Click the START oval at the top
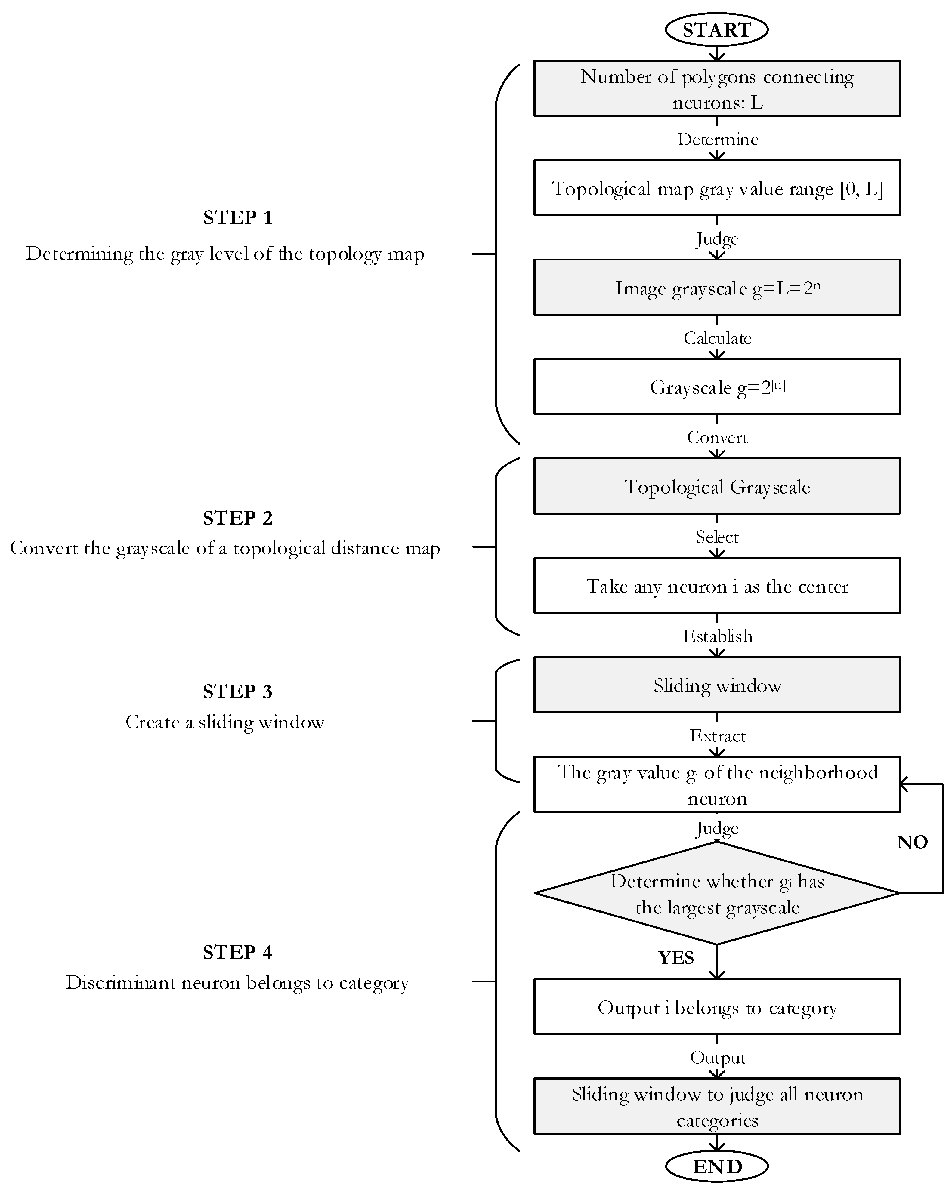coord(716,30)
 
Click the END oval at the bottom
coord(716,1166)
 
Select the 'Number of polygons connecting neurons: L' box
coord(716,88)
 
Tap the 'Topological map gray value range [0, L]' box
coord(716,188)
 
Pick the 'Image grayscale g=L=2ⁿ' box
coord(716,288)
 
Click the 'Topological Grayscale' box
coord(716,487)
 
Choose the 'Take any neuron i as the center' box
coord(716,586)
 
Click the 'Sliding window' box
coord(716,685)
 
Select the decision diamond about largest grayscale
coord(716,893)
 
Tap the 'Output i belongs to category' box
coord(716,1007)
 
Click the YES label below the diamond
coord(675,958)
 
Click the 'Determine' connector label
coord(717,139)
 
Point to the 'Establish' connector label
coord(717,636)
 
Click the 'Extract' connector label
coord(717,736)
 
